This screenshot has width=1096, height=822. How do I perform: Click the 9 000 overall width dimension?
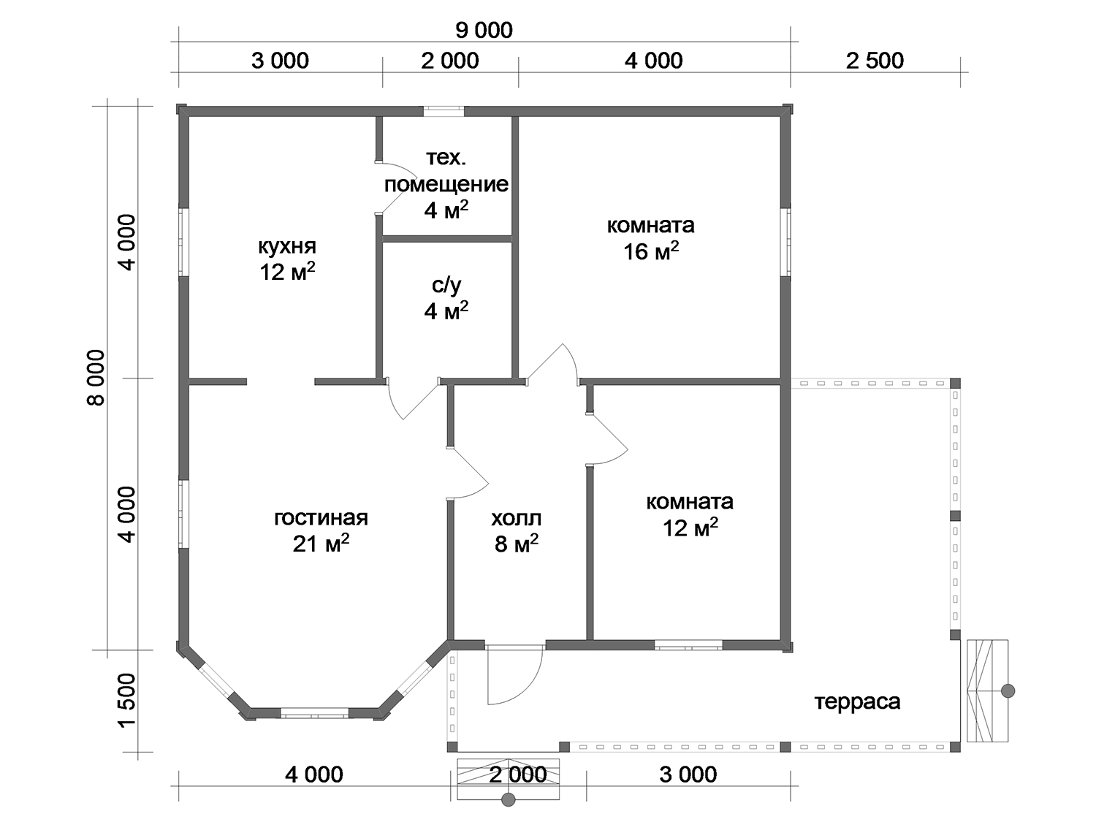click(x=484, y=31)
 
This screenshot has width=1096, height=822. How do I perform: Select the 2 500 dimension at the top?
click(x=875, y=61)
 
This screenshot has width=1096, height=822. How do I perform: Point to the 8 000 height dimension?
click(x=96, y=377)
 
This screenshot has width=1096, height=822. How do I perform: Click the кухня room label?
click(x=287, y=246)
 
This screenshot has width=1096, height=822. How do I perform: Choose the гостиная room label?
click(x=321, y=518)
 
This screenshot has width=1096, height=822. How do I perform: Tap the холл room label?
click(x=517, y=518)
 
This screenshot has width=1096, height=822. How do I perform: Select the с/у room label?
click(x=446, y=285)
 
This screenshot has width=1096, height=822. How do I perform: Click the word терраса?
click(x=857, y=701)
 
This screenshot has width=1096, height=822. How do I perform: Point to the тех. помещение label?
click(x=446, y=171)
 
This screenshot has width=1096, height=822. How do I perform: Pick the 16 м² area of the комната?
click(x=650, y=252)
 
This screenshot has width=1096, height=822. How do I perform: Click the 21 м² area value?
click(x=321, y=544)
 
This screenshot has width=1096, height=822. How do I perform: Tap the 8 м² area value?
click(x=517, y=544)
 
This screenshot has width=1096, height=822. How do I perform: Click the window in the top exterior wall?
click(x=444, y=111)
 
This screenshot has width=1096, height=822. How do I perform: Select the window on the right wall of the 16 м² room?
click(x=786, y=242)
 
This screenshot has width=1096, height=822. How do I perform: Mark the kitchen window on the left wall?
click(x=183, y=242)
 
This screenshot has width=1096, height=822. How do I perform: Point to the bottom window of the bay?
click(x=315, y=713)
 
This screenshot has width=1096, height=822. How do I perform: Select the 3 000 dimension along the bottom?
click(x=688, y=775)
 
